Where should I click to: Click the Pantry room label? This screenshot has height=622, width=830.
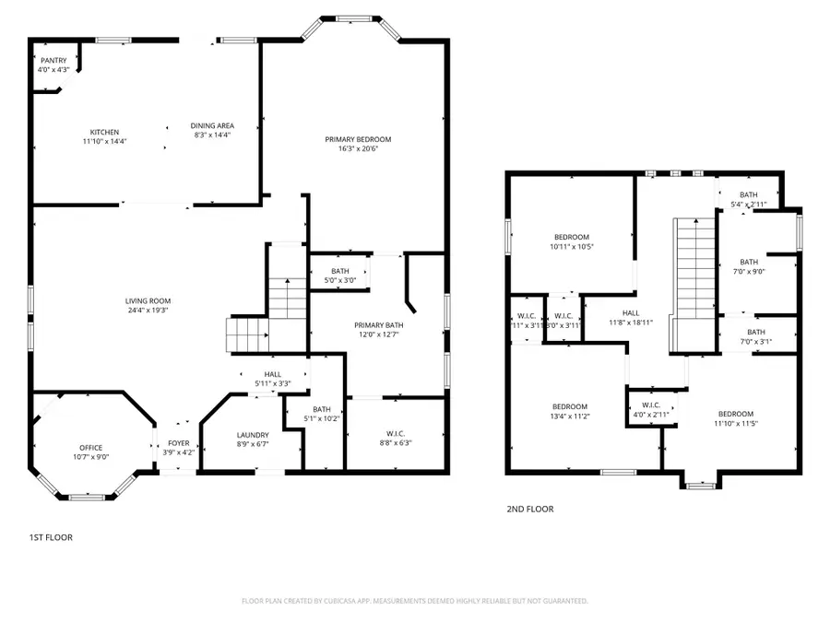point(53,61)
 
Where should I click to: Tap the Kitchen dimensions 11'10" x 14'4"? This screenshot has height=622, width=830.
point(104,141)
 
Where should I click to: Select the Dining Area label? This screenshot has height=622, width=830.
point(212,125)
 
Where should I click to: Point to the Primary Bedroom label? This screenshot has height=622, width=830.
point(358,139)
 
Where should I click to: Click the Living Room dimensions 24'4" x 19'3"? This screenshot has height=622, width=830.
point(148,311)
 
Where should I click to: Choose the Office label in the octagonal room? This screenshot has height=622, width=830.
point(90,448)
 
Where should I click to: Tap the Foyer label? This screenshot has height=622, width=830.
point(179,442)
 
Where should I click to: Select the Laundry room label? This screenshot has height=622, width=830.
point(252,435)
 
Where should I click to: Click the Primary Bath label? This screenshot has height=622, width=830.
point(379,325)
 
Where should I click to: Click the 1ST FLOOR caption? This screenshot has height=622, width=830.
point(50,537)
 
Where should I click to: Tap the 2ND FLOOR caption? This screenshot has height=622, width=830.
point(530,509)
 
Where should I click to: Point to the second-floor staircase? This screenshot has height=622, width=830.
point(697,276)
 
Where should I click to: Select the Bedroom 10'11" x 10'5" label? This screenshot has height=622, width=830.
point(571,237)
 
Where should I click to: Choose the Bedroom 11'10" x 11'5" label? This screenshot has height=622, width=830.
point(736,414)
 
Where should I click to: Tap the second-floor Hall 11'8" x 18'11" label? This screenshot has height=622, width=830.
point(630,313)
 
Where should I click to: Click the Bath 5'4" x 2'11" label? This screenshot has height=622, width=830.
point(747,194)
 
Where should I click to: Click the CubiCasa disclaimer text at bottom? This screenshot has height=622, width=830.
point(414,601)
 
